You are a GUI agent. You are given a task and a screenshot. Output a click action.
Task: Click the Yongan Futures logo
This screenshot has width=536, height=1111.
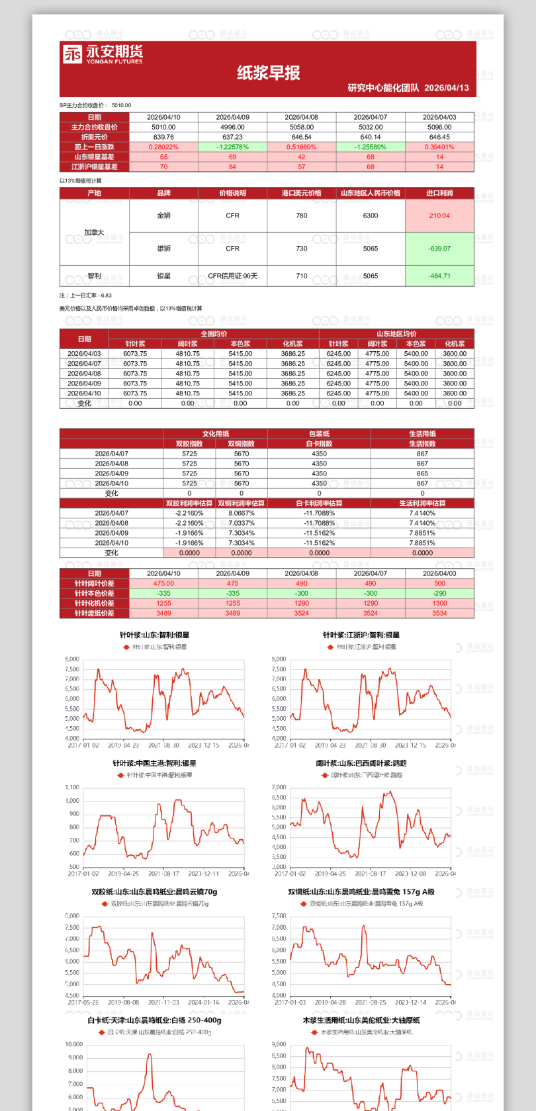click(103, 54)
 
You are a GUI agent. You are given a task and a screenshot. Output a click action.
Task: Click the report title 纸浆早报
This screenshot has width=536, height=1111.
click(269, 73)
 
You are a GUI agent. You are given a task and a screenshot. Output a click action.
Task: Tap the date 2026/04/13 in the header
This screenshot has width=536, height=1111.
click(447, 88)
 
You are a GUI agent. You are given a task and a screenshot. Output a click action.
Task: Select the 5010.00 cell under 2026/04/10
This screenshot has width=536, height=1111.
click(163, 127)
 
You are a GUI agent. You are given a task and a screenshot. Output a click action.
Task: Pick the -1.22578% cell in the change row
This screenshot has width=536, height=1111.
click(232, 147)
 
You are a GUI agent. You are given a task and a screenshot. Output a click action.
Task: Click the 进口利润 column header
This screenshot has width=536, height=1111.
click(439, 193)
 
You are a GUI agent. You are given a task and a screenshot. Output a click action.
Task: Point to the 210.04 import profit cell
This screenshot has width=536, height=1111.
click(439, 216)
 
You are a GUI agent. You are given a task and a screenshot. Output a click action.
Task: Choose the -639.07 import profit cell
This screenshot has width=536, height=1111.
click(439, 249)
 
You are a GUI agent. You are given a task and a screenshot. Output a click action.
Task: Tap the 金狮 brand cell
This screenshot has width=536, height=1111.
click(163, 216)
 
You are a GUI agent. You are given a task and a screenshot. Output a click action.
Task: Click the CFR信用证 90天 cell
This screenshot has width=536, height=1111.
click(232, 276)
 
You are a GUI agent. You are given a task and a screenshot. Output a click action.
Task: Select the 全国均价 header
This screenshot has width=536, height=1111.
click(214, 334)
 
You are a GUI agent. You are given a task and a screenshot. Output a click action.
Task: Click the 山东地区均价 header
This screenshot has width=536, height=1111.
click(396, 334)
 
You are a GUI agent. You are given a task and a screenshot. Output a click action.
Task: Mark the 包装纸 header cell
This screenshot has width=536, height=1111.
click(319, 434)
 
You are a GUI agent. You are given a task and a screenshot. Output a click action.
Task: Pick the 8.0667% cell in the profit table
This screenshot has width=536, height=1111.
click(242, 513)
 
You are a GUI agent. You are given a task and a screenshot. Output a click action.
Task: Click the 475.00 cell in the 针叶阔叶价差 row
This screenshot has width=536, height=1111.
click(163, 583)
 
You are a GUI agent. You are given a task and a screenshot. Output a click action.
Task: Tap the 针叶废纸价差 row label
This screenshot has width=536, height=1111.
click(94, 613)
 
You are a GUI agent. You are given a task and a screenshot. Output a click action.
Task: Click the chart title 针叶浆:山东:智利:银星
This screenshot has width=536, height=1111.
click(154, 635)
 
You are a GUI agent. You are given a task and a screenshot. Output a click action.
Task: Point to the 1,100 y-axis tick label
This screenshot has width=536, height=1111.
click(72, 788)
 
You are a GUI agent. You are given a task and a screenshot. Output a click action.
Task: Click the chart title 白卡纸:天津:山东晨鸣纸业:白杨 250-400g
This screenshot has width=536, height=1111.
click(154, 1020)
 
